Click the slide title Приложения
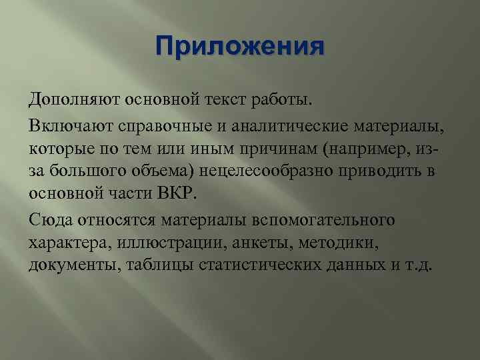click(x=239, y=47)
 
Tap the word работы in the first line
click(x=281, y=101)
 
